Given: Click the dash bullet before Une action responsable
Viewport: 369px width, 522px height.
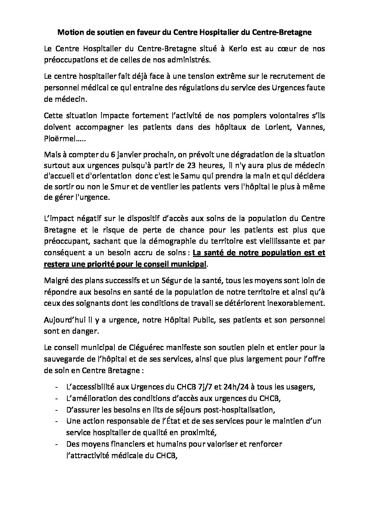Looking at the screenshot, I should (x=57, y=421).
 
